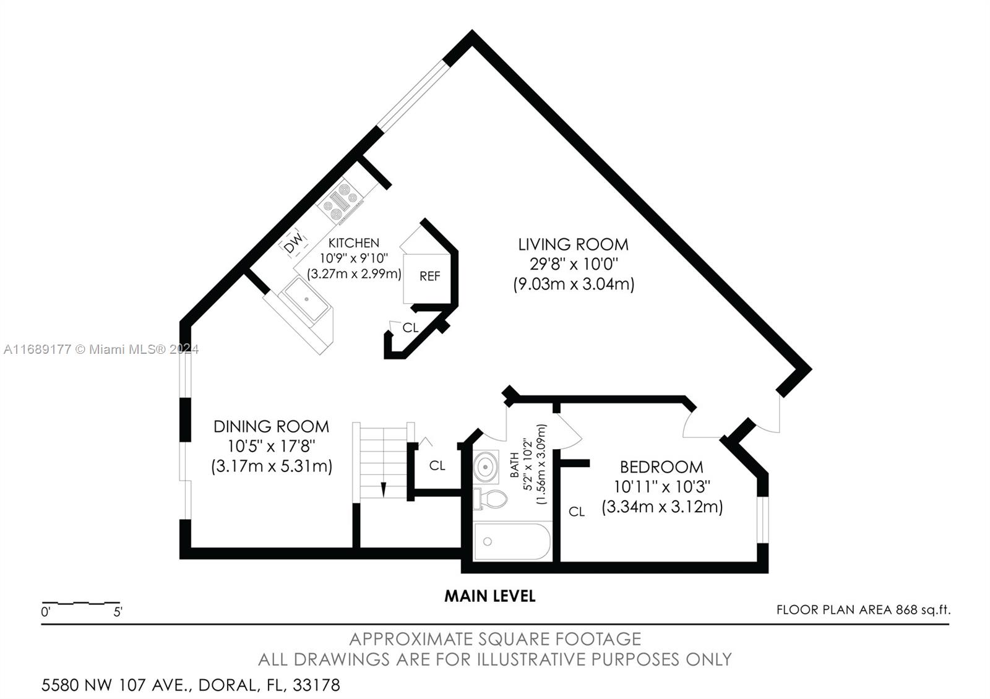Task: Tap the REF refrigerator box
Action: point(428,278)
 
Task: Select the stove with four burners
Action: point(340,202)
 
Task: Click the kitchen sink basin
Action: point(306,299)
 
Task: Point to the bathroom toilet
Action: point(489,499)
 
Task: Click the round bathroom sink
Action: point(486,466)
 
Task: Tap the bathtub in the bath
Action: point(512,542)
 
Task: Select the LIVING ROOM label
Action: point(573,244)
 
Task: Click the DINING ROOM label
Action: point(272,426)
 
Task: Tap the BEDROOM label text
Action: point(661,467)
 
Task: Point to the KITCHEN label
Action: point(353,243)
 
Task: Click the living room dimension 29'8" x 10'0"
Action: point(574,264)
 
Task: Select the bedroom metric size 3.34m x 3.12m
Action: point(662,507)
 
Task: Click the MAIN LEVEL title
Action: point(489,596)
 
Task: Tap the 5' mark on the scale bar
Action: point(118,612)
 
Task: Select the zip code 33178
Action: point(316,685)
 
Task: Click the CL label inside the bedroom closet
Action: point(576,512)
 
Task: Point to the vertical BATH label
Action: point(514,465)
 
